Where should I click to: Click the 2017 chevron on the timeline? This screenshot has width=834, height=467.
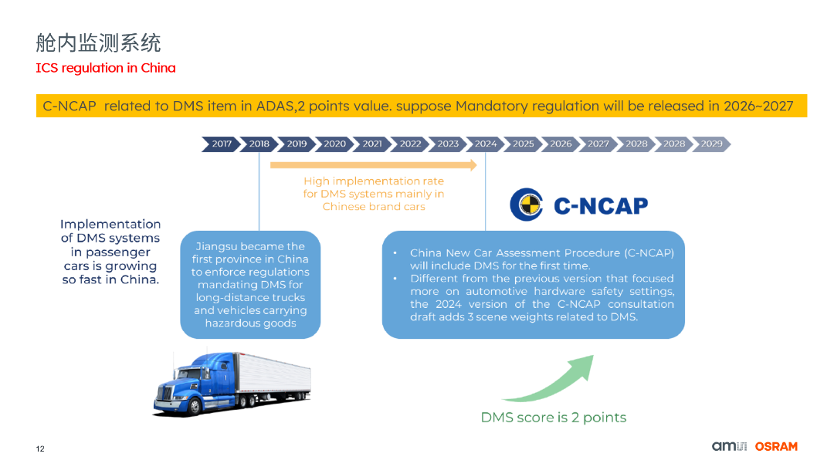(x=222, y=144)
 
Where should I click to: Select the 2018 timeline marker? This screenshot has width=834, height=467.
(x=259, y=144)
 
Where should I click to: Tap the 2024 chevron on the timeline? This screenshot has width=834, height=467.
(x=486, y=144)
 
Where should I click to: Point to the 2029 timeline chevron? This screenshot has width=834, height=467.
(x=711, y=144)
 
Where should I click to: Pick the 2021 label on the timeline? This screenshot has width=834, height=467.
(x=372, y=144)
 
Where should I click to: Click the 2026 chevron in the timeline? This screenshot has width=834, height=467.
(x=561, y=144)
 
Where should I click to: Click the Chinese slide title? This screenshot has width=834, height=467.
(x=98, y=42)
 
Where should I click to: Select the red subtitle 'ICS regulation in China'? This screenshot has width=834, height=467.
(x=106, y=68)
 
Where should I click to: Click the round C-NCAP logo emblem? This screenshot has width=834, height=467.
(x=527, y=205)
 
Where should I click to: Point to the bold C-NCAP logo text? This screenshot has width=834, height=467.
(x=601, y=205)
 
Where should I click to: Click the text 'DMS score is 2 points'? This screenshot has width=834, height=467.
(x=553, y=418)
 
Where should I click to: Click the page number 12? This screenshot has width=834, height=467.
(x=40, y=449)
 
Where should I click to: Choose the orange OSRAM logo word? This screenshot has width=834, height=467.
(x=776, y=446)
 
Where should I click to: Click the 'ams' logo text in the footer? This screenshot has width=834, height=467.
(x=725, y=446)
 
